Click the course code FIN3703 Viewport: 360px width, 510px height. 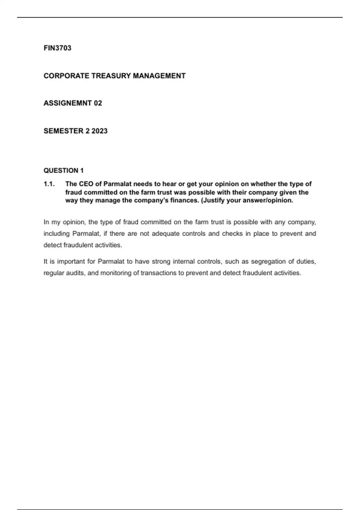point(57,48)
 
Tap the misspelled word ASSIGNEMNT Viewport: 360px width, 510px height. point(67,103)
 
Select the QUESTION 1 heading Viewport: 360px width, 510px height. point(64,171)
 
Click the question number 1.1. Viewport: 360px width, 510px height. point(49,184)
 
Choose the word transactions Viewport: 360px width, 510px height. point(158,273)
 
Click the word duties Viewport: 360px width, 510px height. point(306,262)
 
